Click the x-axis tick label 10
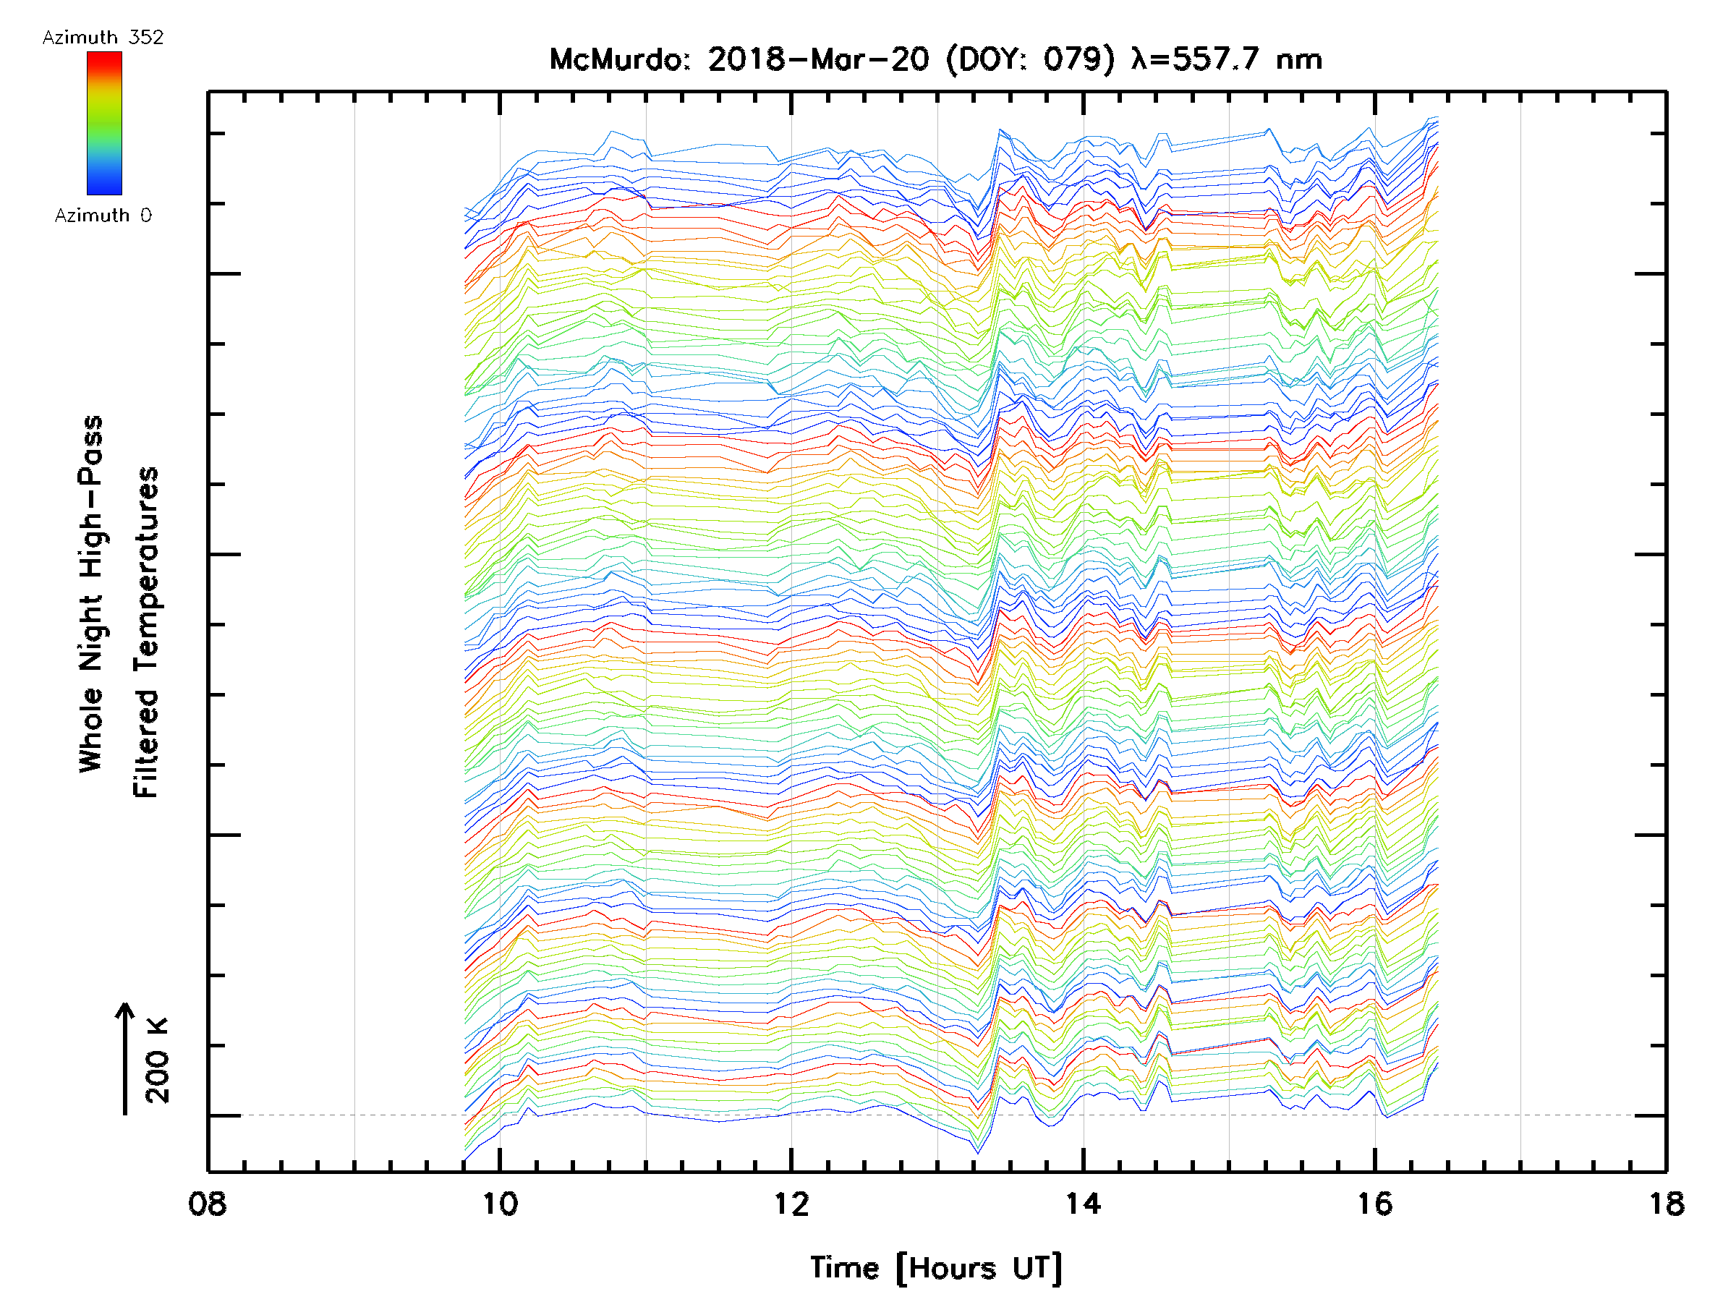[499, 1204]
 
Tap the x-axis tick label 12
[791, 1204]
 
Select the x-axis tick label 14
[1083, 1204]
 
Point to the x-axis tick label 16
[1374, 1204]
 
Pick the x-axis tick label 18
[1665, 1204]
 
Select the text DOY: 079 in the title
[1031, 59]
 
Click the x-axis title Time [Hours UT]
[935, 1269]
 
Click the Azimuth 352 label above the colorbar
[103, 38]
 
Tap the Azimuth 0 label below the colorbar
[103, 215]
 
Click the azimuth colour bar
[104, 123]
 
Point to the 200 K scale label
[158, 1060]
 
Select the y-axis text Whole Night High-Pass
[91, 593]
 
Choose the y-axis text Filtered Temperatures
[146, 633]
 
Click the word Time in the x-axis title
[844, 1268]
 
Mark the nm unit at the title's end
[1299, 59]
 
